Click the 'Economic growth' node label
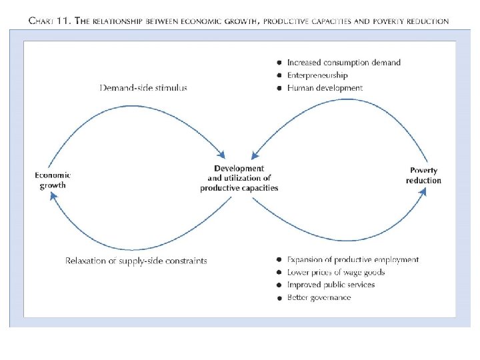(53, 180)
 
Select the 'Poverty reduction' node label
(423, 175)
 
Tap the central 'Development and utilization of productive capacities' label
(239, 178)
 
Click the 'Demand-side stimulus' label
(143, 87)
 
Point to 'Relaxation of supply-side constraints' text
(136, 261)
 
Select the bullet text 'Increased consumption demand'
(343, 63)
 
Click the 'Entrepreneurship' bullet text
(317, 75)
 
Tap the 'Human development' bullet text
(325, 88)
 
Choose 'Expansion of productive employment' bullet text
(353, 259)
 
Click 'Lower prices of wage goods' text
(335, 272)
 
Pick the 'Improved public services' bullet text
(331, 285)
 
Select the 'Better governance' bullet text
(319, 297)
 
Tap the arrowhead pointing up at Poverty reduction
(422, 191)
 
